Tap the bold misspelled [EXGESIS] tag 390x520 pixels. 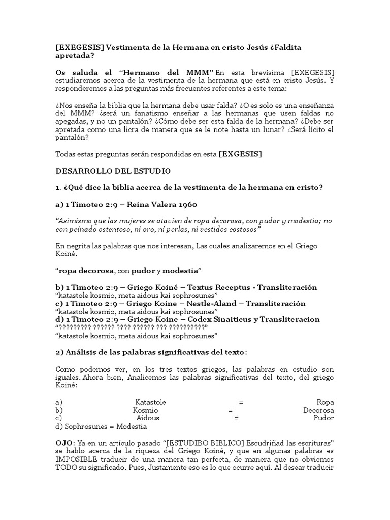[240, 154]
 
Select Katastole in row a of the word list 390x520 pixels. [150, 402]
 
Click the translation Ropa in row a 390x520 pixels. [325, 402]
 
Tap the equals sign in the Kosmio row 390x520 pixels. [230, 410]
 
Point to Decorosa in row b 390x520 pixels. [318, 410]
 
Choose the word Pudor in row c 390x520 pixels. [323, 418]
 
